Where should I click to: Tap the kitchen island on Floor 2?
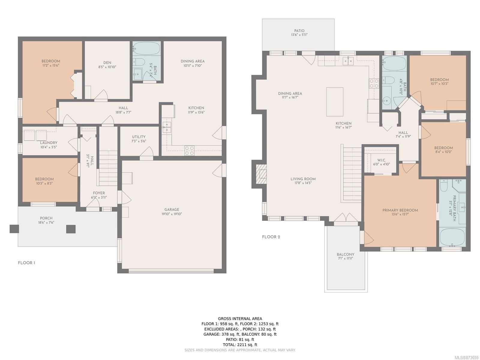pos(334,102)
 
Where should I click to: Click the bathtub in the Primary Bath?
pos(452,237)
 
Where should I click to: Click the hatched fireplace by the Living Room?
pos(261,174)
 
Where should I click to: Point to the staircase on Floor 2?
pos(352,174)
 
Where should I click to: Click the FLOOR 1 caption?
pos(26,263)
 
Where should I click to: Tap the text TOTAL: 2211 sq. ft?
pos(240,345)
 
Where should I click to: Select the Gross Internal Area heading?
pos(240,319)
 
